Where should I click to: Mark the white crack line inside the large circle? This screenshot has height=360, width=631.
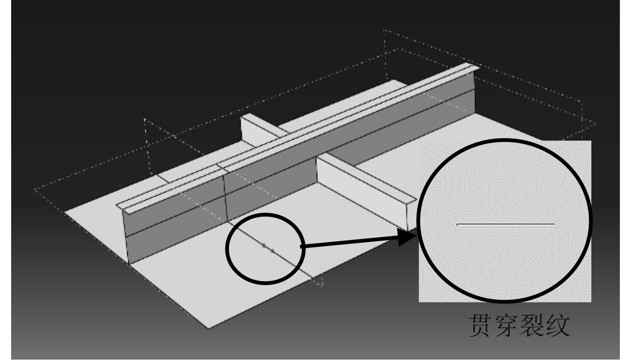tap(506, 224)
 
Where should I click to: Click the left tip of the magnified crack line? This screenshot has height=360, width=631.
tap(458, 224)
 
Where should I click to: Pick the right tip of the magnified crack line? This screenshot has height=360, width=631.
tap(554, 224)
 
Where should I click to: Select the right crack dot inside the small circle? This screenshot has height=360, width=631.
tap(273, 250)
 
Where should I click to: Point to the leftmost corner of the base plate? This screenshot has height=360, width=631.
tap(65, 213)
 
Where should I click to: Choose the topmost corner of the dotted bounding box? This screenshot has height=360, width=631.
tap(384, 30)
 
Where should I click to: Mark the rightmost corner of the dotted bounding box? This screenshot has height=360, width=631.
tap(596, 123)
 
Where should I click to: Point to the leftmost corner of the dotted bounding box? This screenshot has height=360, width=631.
tap(35, 190)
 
